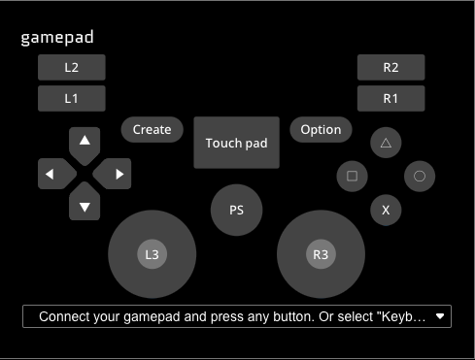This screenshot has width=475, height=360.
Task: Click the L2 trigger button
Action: point(72,67)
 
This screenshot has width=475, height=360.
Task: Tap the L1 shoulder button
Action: point(72,98)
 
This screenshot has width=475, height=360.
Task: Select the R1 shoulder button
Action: point(390,98)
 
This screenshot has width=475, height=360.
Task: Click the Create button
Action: point(153,129)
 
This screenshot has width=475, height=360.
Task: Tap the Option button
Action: point(321,129)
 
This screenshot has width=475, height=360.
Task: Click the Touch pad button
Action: point(236,143)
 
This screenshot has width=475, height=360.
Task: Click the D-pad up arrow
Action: point(85,146)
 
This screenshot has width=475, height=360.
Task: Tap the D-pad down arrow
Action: point(85,202)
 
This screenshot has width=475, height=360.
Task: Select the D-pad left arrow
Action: point(56,174)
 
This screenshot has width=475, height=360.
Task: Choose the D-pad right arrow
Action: point(113,174)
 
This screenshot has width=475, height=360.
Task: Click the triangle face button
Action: point(386,143)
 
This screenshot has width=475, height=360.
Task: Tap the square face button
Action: point(352,177)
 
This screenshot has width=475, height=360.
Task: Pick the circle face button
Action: point(420,177)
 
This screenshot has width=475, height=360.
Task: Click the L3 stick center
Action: point(153,254)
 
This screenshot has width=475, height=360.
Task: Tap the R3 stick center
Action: point(321,254)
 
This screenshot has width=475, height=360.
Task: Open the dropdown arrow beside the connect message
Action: point(440,316)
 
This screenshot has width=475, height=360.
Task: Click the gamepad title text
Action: point(57,38)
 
